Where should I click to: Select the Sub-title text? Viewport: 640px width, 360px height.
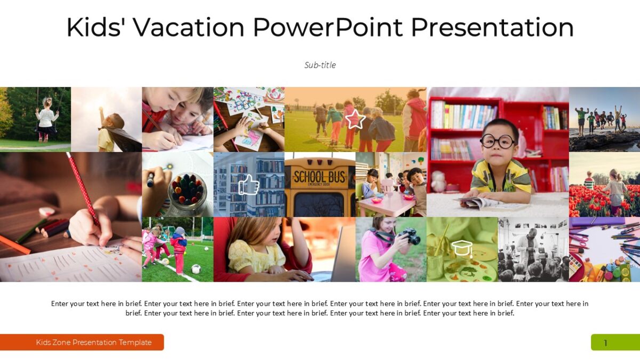coord(320,65)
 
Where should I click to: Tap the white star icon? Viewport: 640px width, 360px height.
coord(355,119)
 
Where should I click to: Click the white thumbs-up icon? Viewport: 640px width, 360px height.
coord(249,185)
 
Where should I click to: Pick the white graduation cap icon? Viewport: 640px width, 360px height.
coord(462,249)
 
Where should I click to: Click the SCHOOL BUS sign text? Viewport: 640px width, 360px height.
coord(319,177)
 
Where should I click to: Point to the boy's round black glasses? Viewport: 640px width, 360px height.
coord(498,140)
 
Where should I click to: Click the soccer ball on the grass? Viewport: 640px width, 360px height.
coord(196,269)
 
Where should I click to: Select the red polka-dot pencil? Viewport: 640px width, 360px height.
coord(83,187)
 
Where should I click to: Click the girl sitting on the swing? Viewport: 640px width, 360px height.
coord(47,117)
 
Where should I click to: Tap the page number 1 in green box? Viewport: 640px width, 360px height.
coord(605,343)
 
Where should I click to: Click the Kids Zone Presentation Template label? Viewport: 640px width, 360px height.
coord(94,342)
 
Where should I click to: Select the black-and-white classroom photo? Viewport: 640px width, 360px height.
coord(533,249)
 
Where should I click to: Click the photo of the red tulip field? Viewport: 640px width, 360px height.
coord(604,185)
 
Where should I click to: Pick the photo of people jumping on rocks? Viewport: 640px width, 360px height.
coord(604,119)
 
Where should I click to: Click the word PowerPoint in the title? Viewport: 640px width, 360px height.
coord(327,27)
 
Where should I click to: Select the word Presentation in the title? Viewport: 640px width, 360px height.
coord(492,27)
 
